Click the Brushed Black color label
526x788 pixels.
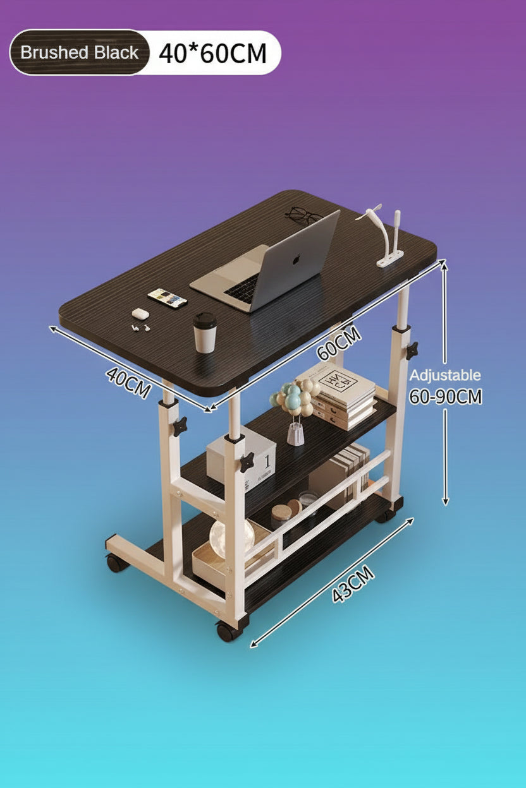79,52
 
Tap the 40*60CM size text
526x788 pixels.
212,53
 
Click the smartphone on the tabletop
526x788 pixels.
168,297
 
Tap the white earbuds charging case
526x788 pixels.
139,313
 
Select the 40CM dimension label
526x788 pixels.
128,383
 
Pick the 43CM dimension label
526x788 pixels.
353,585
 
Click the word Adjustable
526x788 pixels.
444,375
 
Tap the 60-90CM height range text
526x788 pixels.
446,397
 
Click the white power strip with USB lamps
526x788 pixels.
389,257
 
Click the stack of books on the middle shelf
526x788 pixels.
337,396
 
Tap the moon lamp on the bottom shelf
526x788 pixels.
231,539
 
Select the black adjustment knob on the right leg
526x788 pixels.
412,350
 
